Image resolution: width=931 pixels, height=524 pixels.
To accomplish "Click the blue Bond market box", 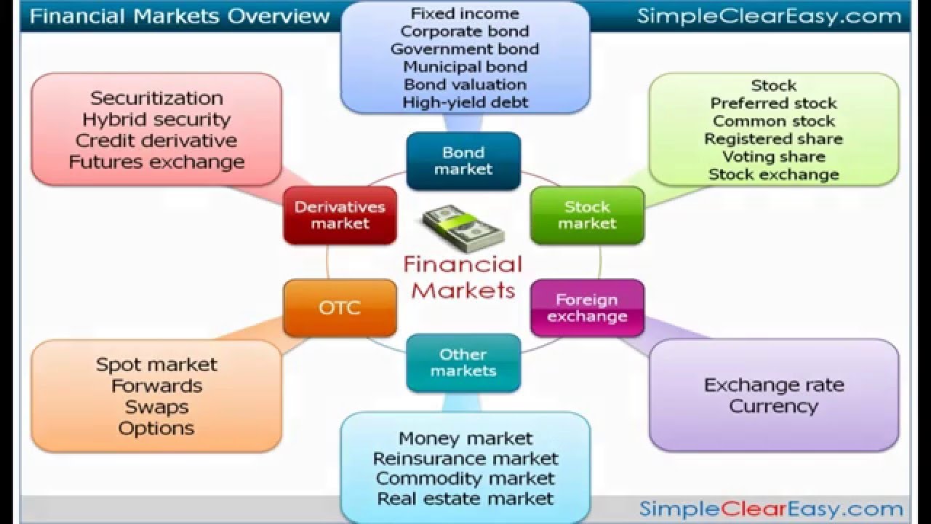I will click(x=463, y=161).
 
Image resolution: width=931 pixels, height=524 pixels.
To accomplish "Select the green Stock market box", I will click(x=587, y=215).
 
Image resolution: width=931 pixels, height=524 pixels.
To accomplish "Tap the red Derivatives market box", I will click(x=340, y=215).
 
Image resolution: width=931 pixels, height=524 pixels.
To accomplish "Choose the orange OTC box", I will click(x=340, y=308).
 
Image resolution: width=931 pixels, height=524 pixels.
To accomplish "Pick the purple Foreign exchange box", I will click(x=587, y=308).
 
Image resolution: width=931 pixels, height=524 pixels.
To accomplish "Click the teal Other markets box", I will click(x=463, y=362).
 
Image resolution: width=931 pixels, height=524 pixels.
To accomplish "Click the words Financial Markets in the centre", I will click(x=463, y=277).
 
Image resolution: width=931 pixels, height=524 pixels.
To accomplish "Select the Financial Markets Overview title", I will click(x=180, y=16).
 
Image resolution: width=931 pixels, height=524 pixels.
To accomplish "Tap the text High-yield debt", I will click(x=465, y=103).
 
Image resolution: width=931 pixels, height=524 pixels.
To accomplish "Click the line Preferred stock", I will click(x=773, y=103).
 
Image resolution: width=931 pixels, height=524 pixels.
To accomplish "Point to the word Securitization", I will click(x=156, y=98).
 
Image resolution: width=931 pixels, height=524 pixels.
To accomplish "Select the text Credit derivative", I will click(x=156, y=140).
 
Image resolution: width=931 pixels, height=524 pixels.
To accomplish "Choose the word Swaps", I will click(x=156, y=407).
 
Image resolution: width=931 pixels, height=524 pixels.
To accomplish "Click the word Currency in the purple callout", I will click(x=773, y=406).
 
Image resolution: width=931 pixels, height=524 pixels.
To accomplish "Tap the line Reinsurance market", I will click(x=465, y=459).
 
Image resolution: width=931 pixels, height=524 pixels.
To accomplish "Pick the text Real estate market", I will click(x=465, y=499).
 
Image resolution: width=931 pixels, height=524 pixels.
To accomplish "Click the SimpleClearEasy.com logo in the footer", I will click(x=770, y=509).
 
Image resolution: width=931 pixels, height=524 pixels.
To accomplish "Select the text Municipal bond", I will click(x=465, y=67).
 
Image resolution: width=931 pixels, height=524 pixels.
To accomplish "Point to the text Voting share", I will click(x=773, y=156).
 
